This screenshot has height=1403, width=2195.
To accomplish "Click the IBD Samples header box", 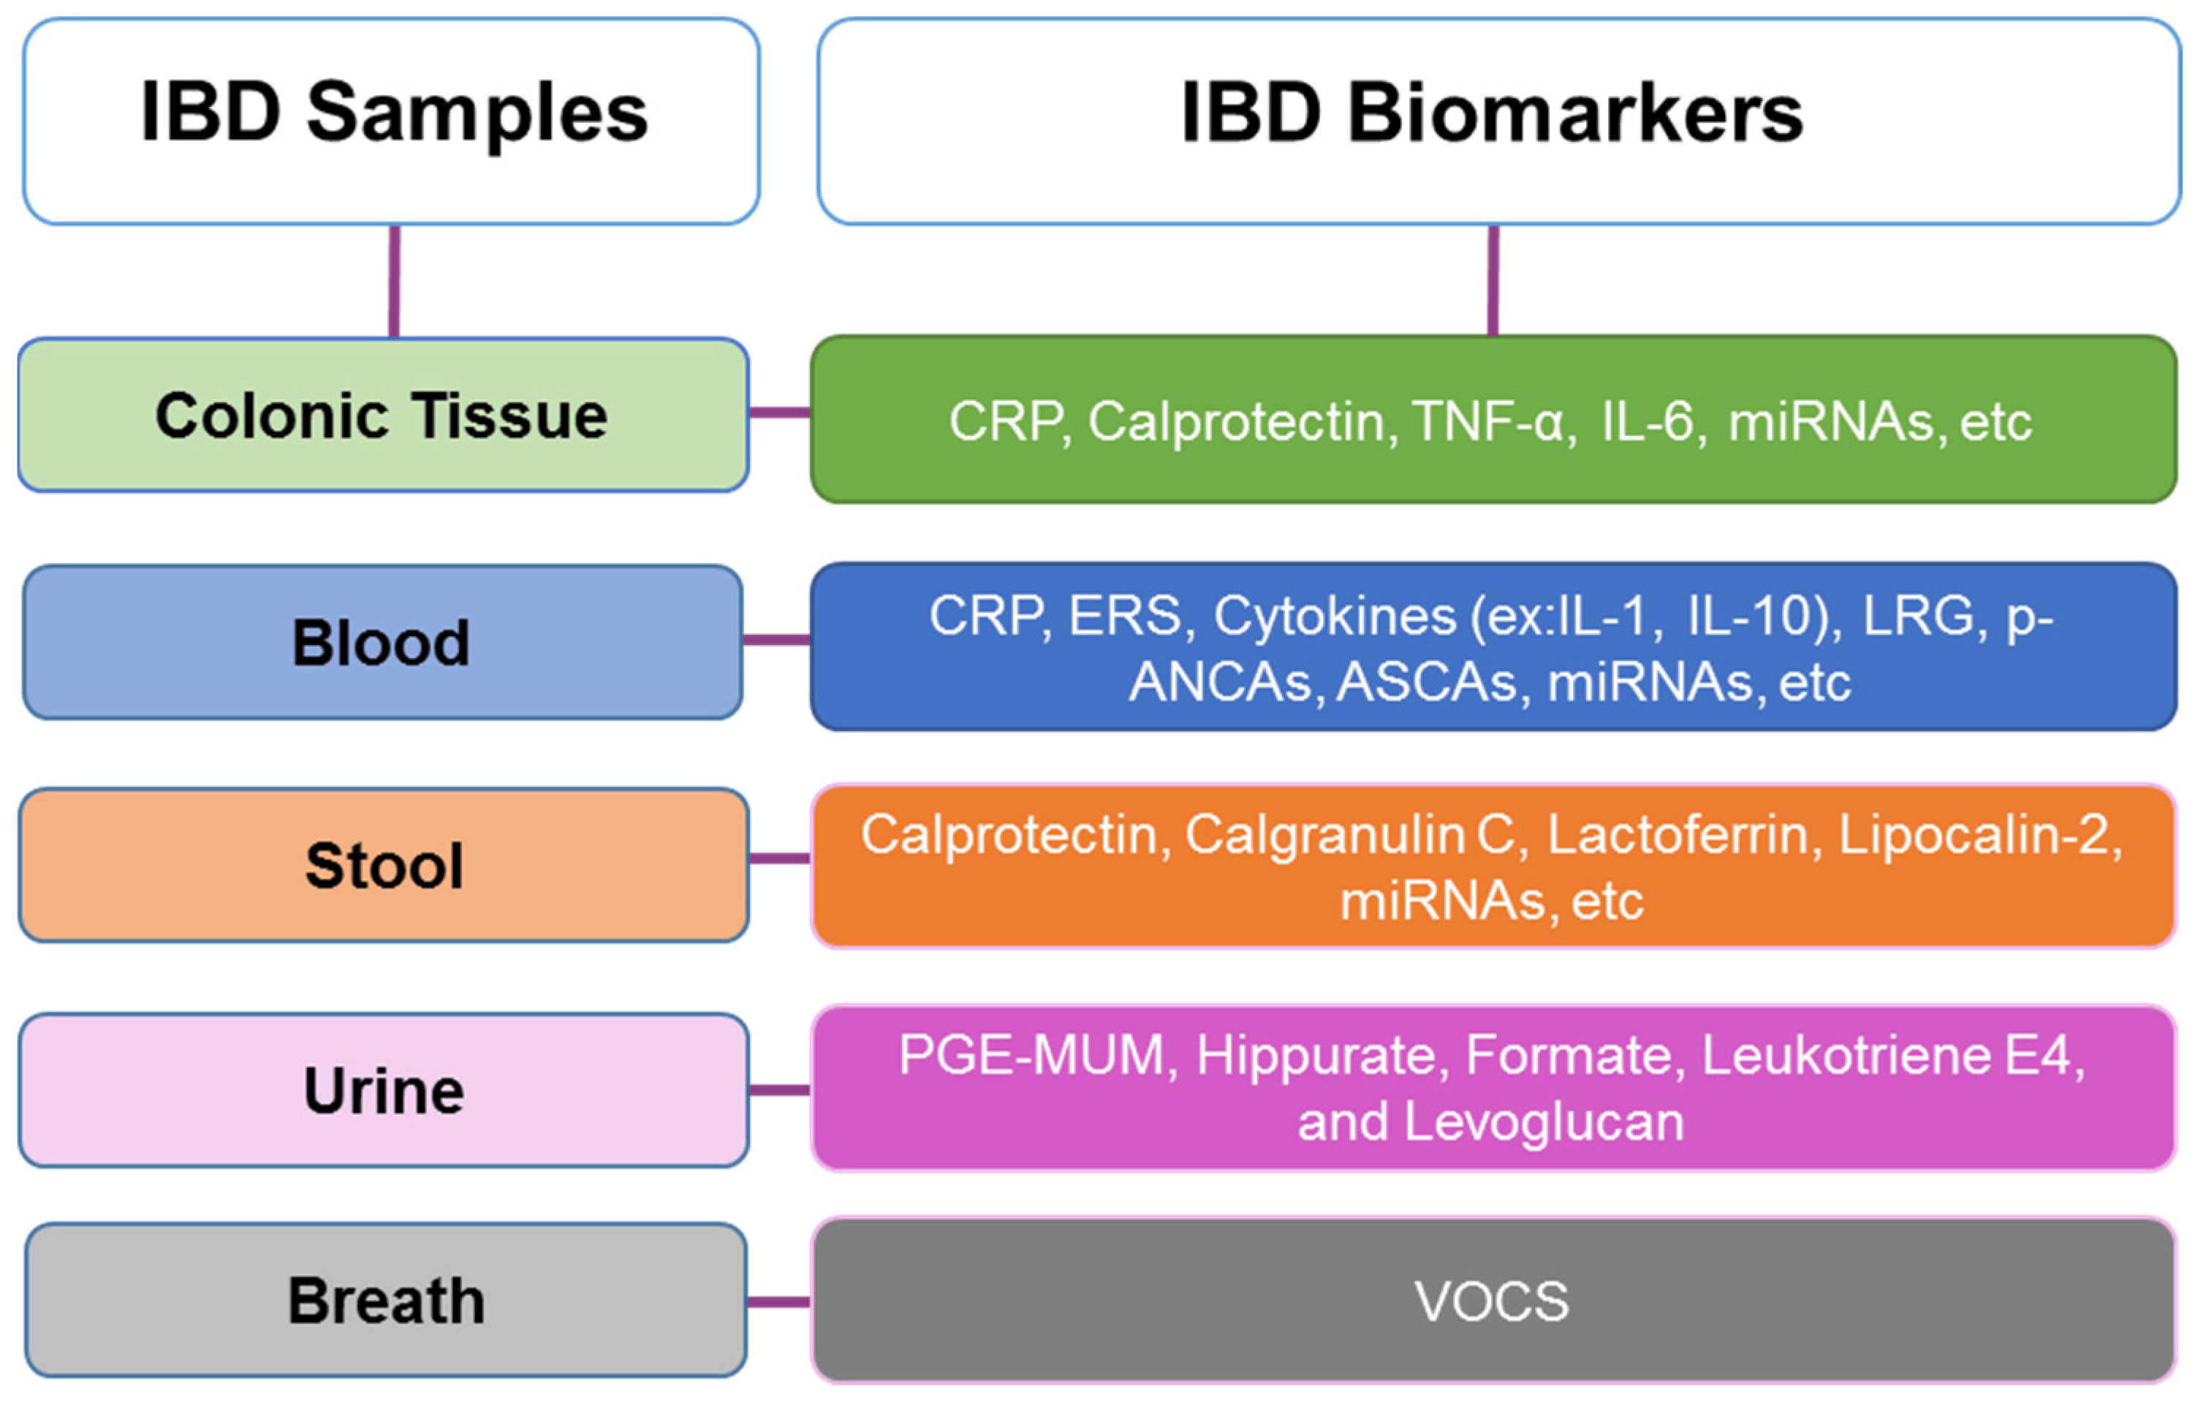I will (x=392, y=121).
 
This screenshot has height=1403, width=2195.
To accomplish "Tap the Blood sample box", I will (x=383, y=643).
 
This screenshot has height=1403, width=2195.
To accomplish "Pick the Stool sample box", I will (x=383, y=865).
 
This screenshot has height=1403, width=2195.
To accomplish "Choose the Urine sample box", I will (x=383, y=1090).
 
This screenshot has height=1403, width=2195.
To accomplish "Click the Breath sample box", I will (x=386, y=1300).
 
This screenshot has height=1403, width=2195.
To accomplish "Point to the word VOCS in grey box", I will (x=1492, y=1301).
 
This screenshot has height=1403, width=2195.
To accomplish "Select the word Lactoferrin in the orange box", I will (x=1678, y=834).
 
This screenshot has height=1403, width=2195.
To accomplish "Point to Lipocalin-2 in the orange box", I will (x=1978, y=834).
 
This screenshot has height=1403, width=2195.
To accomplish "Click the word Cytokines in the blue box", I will (x=1335, y=616).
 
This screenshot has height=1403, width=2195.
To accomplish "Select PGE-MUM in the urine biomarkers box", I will (x=1033, y=1056).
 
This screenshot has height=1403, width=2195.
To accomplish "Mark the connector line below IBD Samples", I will (x=394, y=281).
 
